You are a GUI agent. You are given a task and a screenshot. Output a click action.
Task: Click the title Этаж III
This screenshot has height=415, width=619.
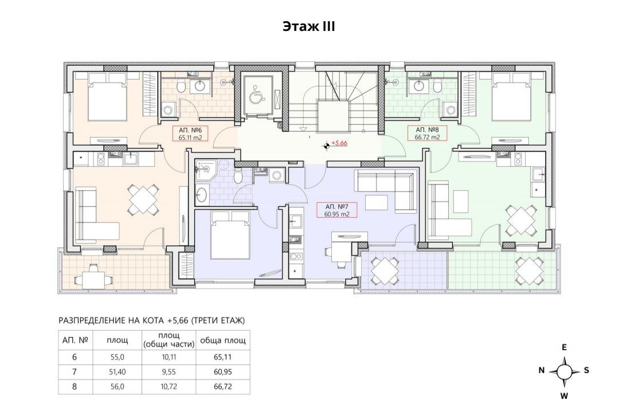[x=309, y=26]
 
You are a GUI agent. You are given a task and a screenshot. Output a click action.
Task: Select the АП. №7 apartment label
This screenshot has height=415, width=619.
[x=336, y=206]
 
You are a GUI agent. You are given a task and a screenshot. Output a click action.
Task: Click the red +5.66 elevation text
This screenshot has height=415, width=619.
[x=339, y=143]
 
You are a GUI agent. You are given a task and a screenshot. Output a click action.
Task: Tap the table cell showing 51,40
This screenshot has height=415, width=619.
[x=117, y=371]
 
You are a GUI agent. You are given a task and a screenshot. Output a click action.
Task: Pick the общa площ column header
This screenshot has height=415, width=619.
[x=223, y=340]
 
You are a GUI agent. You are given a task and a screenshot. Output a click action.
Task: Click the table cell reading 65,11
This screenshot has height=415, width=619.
[x=222, y=357]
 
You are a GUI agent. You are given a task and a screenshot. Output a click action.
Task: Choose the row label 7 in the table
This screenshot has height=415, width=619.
[x=75, y=371]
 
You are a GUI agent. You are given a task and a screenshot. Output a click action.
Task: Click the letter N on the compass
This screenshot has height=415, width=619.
[x=542, y=370]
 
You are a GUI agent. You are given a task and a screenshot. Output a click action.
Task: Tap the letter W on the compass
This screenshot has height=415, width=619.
[x=565, y=396]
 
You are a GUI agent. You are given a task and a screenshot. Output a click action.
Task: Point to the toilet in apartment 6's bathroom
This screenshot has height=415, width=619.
[x=181, y=87]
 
